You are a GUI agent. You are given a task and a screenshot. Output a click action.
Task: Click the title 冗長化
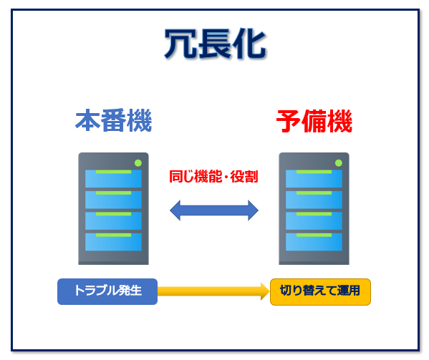tap(215, 44)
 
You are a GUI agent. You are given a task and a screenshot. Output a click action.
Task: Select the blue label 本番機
tap(113, 120)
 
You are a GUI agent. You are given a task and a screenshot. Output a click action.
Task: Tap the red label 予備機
tap(314, 121)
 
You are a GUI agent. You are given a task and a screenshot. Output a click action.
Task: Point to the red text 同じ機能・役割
tap(213, 176)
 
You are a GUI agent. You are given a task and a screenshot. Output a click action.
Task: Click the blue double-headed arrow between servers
tap(214, 210)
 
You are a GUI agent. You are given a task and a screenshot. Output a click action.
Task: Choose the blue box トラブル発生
tap(107, 291)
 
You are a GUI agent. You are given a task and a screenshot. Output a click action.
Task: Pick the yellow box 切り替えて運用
tap(320, 292)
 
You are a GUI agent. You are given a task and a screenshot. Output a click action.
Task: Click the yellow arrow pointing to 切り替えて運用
tap(213, 291)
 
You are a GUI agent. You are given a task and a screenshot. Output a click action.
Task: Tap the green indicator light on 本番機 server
tap(138, 163)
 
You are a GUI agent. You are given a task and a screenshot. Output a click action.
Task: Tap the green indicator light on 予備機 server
tap(339, 163)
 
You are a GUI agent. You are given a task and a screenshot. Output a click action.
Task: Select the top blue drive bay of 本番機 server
tap(113, 179)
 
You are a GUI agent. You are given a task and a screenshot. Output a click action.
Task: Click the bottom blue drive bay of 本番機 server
tap(113, 242)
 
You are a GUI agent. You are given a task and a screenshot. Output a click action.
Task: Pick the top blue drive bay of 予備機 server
tap(314, 179)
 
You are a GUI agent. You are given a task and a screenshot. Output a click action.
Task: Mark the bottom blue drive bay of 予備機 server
tap(314, 242)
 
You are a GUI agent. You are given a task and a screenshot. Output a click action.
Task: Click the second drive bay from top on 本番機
tap(113, 200)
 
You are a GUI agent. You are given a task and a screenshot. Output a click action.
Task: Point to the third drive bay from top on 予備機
tap(314, 221)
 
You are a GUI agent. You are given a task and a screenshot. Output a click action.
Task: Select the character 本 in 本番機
tap(87, 120)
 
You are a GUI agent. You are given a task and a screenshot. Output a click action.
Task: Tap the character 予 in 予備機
tap(289, 121)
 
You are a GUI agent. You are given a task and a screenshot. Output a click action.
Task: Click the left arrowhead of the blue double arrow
tap(175, 210)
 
